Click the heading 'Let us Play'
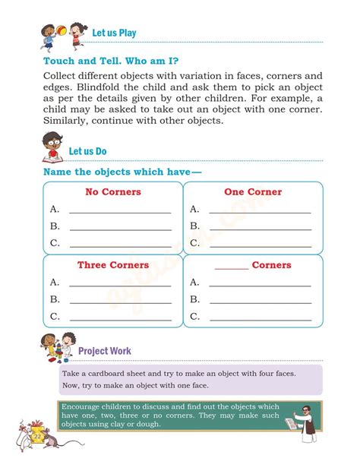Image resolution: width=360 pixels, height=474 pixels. [x=114, y=33]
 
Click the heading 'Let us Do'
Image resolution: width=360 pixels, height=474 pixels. [x=87, y=151]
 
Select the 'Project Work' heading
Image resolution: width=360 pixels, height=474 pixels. [x=105, y=351]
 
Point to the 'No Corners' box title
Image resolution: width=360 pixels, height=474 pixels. [x=113, y=192]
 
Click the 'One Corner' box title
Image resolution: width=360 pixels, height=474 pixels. [x=253, y=192]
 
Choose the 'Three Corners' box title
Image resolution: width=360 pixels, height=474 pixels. [x=113, y=265]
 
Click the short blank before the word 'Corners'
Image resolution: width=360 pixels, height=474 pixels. [x=232, y=267]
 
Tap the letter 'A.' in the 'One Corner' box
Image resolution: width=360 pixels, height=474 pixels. [x=194, y=209]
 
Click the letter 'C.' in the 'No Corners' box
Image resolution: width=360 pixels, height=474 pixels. [x=55, y=243]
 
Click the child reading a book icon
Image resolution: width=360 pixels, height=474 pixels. [x=52, y=147]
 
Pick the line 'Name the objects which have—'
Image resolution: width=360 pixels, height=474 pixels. [x=122, y=172]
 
